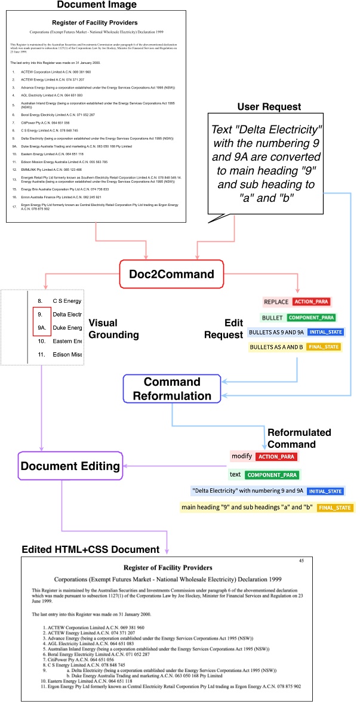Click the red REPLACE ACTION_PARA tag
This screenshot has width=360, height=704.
coord(297,302)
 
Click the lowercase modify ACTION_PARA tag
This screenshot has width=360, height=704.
coord(264,457)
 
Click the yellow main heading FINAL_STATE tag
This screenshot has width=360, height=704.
coord(267,508)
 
